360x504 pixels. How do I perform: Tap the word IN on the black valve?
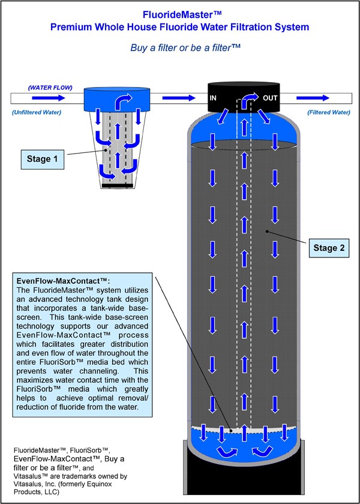point(214,97)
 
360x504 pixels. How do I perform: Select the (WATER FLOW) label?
point(50,88)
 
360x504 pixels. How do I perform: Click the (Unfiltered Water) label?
point(40,112)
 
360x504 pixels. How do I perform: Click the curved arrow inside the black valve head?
point(247,100)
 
